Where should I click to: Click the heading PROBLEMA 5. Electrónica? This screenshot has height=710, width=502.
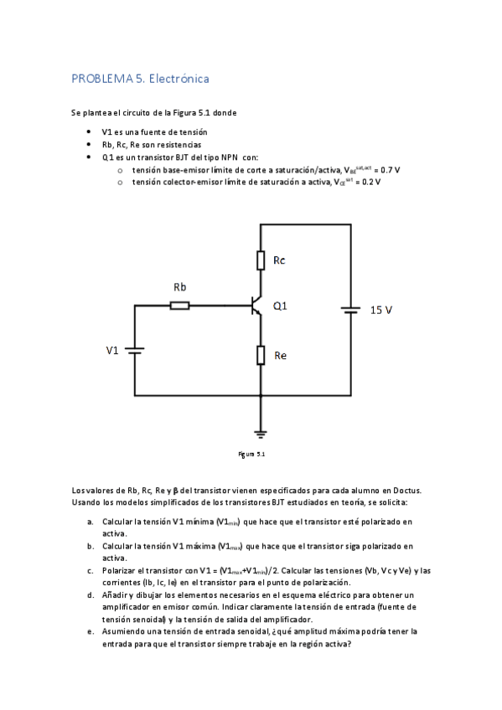(140, 79)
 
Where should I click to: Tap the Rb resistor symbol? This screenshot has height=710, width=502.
(179, 306)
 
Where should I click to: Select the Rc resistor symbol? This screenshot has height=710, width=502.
(261, 261)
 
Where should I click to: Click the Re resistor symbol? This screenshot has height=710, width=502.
(261, 356)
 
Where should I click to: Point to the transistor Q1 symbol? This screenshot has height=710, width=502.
(256, 306)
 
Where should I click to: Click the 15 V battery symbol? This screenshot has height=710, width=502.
(350, 311)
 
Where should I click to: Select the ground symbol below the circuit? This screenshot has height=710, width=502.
(261, 432)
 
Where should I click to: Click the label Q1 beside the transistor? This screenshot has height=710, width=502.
(280, 306)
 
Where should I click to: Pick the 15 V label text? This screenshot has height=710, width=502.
(381, 310)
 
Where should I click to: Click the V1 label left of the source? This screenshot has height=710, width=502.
(112, 350)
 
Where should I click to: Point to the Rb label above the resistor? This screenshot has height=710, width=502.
(179, 287)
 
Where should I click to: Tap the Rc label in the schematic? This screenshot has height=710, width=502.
(280, 260)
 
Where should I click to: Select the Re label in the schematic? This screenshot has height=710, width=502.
(281, 356)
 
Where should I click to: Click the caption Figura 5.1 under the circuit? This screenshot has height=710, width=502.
(251, 455)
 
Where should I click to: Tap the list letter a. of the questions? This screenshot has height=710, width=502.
(90, 521)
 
